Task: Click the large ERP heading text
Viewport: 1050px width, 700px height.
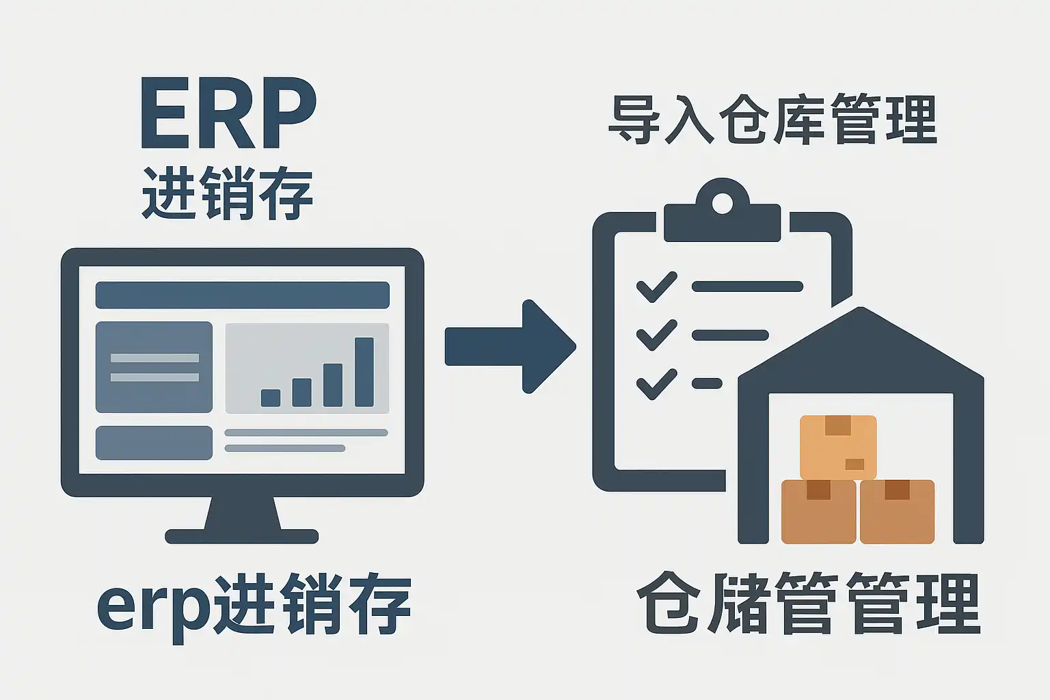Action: click(228, 115)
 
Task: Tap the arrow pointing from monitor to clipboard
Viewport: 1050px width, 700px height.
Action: click(509, 347)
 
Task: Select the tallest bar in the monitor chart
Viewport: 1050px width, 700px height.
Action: click(364, 372)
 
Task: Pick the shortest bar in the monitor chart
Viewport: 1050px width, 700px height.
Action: click(271, 397)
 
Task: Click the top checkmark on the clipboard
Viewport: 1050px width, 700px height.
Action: click(656, 287)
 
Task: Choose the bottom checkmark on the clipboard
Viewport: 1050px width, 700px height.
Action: click(656, 383)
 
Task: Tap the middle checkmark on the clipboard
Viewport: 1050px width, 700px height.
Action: click(656, 335)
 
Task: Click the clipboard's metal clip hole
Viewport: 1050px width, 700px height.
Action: click(722, 203)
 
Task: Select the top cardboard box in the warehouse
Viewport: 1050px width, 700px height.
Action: click(837, 446)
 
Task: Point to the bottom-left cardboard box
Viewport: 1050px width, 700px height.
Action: click(818, 511)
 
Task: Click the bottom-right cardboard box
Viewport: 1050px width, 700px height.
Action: click(897, 511)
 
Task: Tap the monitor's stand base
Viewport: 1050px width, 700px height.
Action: click(242, 536)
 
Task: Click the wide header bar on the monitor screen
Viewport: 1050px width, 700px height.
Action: click(242, 295)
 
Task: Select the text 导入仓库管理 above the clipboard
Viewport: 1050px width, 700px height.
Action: click(772, 120)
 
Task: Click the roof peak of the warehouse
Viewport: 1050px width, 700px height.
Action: click(860, 316)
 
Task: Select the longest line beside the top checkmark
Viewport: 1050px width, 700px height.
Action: click(747, 286)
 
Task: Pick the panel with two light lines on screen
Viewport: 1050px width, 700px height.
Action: click(154, 367)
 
